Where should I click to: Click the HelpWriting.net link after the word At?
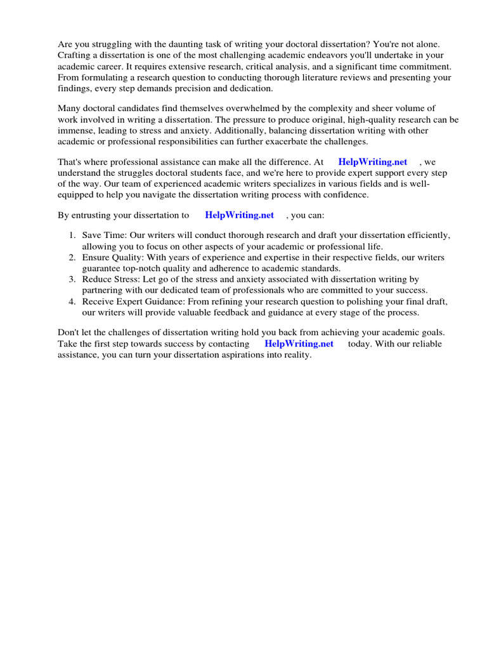[372, 162]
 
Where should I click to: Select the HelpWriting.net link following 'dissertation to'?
[239, 215]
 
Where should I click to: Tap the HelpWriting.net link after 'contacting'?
[299, 343]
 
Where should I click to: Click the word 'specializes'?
[307, 184]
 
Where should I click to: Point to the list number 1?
[72, 235]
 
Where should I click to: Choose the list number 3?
[72, 279]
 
